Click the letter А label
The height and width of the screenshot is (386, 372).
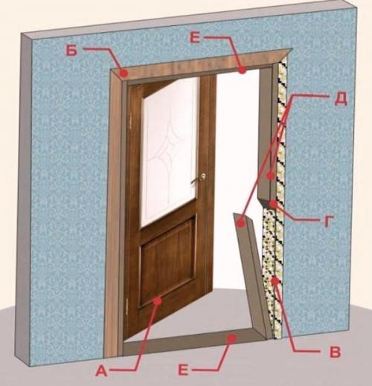click(x=102, y=371)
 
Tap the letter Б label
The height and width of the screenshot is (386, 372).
click(x=71, y=51)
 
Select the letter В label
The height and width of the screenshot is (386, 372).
click(x=335, y=352)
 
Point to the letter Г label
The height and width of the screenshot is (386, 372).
click(x=328, y=221)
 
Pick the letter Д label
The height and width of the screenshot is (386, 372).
click(x=341, y=100)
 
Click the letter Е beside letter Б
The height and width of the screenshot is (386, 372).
click(x=195, y=38)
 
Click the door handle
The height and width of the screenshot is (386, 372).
click(x=199, y=178)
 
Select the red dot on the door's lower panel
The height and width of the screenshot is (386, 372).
click(x=158, y=301)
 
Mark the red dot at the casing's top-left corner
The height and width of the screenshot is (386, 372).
click(x=124, y=73)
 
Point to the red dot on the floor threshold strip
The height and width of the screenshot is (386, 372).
click(x=232, y=338)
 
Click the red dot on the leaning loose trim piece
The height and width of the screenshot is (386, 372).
click(x=240, y=224)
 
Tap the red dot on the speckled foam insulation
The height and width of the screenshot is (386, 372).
click(x=275, y=281)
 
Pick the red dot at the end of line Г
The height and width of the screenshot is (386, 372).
click(x=273, y=204)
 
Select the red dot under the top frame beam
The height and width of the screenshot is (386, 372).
click(x=243, y=71)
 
